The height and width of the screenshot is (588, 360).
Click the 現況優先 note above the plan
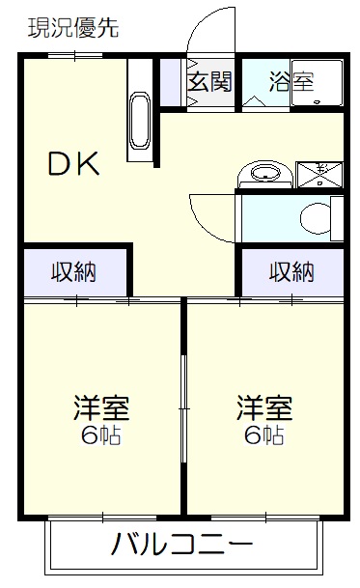(73, 28)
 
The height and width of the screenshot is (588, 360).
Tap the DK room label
(74, 163)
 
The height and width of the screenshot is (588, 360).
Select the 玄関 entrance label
(209, 81)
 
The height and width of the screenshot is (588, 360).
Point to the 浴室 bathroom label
(291, 81)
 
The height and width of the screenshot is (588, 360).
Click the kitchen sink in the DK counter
(140, 121)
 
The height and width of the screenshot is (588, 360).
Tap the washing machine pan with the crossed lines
(319, 175)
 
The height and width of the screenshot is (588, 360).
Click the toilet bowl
(317, 218)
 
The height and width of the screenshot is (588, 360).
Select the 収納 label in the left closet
(73, 271)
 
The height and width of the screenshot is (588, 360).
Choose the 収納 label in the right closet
(291, 271)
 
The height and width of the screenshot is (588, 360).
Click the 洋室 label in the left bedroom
(101, 407)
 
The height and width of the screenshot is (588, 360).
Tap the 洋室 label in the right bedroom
(264, 407)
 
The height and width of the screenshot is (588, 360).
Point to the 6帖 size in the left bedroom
(101, 435)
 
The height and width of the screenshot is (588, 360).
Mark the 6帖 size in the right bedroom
(264, 435)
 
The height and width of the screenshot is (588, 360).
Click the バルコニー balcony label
(181, 543)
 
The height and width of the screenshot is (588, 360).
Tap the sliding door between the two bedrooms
(183, 408)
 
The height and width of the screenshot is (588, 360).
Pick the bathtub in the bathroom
(317, 83)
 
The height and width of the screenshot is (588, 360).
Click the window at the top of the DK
(75, 55)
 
